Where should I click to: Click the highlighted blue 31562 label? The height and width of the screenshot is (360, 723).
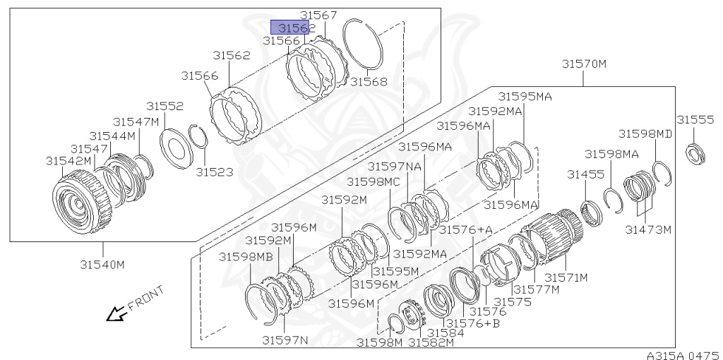294,28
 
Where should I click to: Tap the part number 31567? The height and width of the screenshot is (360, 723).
318,15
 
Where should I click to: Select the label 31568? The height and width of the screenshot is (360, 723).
369,82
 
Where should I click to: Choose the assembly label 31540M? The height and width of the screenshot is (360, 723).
102,265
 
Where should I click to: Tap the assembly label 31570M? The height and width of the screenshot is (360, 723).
584,64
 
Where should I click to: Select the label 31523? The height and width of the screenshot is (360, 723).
214,172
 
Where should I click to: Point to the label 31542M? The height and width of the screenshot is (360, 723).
69,160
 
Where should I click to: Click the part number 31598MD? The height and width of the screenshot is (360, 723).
645,133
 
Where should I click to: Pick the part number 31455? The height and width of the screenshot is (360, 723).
585,174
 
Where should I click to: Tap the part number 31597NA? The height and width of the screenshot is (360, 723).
394,166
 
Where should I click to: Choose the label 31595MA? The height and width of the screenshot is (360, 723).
525,96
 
